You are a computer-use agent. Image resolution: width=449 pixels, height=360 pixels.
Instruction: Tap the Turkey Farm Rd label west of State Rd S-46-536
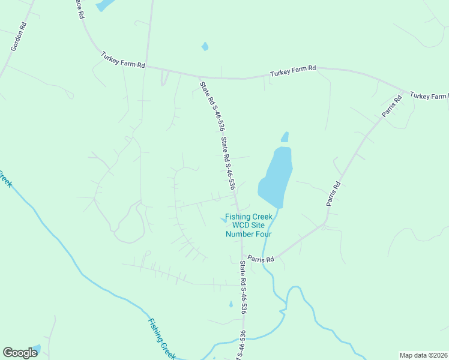click(123, 61)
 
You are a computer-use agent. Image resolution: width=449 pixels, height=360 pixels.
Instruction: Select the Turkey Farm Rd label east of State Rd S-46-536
click(292, 71)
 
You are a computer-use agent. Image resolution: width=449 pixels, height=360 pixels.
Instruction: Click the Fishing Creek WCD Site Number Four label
click(249, 225)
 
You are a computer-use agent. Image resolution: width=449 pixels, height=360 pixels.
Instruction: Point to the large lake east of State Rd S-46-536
click(276, 174)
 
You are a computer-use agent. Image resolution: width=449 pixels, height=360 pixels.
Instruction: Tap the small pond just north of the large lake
click(285, 137)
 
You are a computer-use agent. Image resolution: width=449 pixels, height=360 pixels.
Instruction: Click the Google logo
click(20, 353)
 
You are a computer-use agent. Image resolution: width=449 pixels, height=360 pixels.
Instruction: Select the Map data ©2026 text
click(423, 355)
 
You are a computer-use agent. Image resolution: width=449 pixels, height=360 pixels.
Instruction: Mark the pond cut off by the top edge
click(104, 5)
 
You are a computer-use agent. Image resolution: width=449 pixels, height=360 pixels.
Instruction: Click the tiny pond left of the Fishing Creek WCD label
click(224, 220)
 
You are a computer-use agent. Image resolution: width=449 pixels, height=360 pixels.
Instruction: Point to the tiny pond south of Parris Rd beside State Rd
click(231, 304)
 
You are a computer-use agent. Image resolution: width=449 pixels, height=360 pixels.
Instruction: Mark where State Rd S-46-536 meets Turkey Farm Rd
click(200, 76)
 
